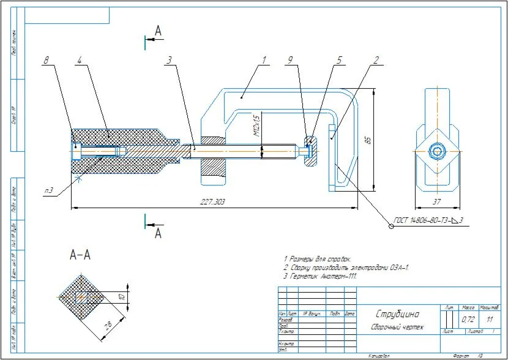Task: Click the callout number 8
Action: [45, 60]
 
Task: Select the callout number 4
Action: [80, 60]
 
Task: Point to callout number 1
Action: [264, 60]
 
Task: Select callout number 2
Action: [376, 60]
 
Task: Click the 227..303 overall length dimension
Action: [212, 202]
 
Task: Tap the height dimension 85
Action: [367, 140]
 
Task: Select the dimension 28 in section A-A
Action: [107, 325]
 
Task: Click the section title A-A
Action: [80, 255]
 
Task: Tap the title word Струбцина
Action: [397, 314]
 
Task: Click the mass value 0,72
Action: [468, 320]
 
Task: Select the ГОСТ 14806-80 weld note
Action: [428, 220]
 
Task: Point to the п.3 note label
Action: [48, 191]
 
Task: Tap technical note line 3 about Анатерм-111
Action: [319, 276]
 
